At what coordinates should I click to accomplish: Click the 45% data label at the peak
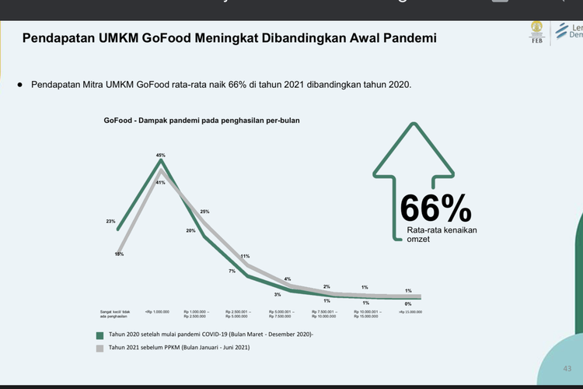click(161, 156)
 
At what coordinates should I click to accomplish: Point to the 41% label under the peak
click(161, 182)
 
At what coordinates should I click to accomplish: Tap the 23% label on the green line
click(110, 221)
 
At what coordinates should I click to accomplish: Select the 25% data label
click(204, 212)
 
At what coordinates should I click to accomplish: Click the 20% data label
click(190, 230)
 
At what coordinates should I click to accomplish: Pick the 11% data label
click(245, 256)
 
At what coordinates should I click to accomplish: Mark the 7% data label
click(232, 271)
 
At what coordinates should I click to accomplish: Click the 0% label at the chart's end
click(409, 303)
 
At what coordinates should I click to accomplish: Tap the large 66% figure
click(435, 209)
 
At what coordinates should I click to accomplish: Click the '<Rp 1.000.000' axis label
click(157, 312)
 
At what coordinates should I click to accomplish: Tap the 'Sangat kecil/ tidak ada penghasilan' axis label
click(114, 314)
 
